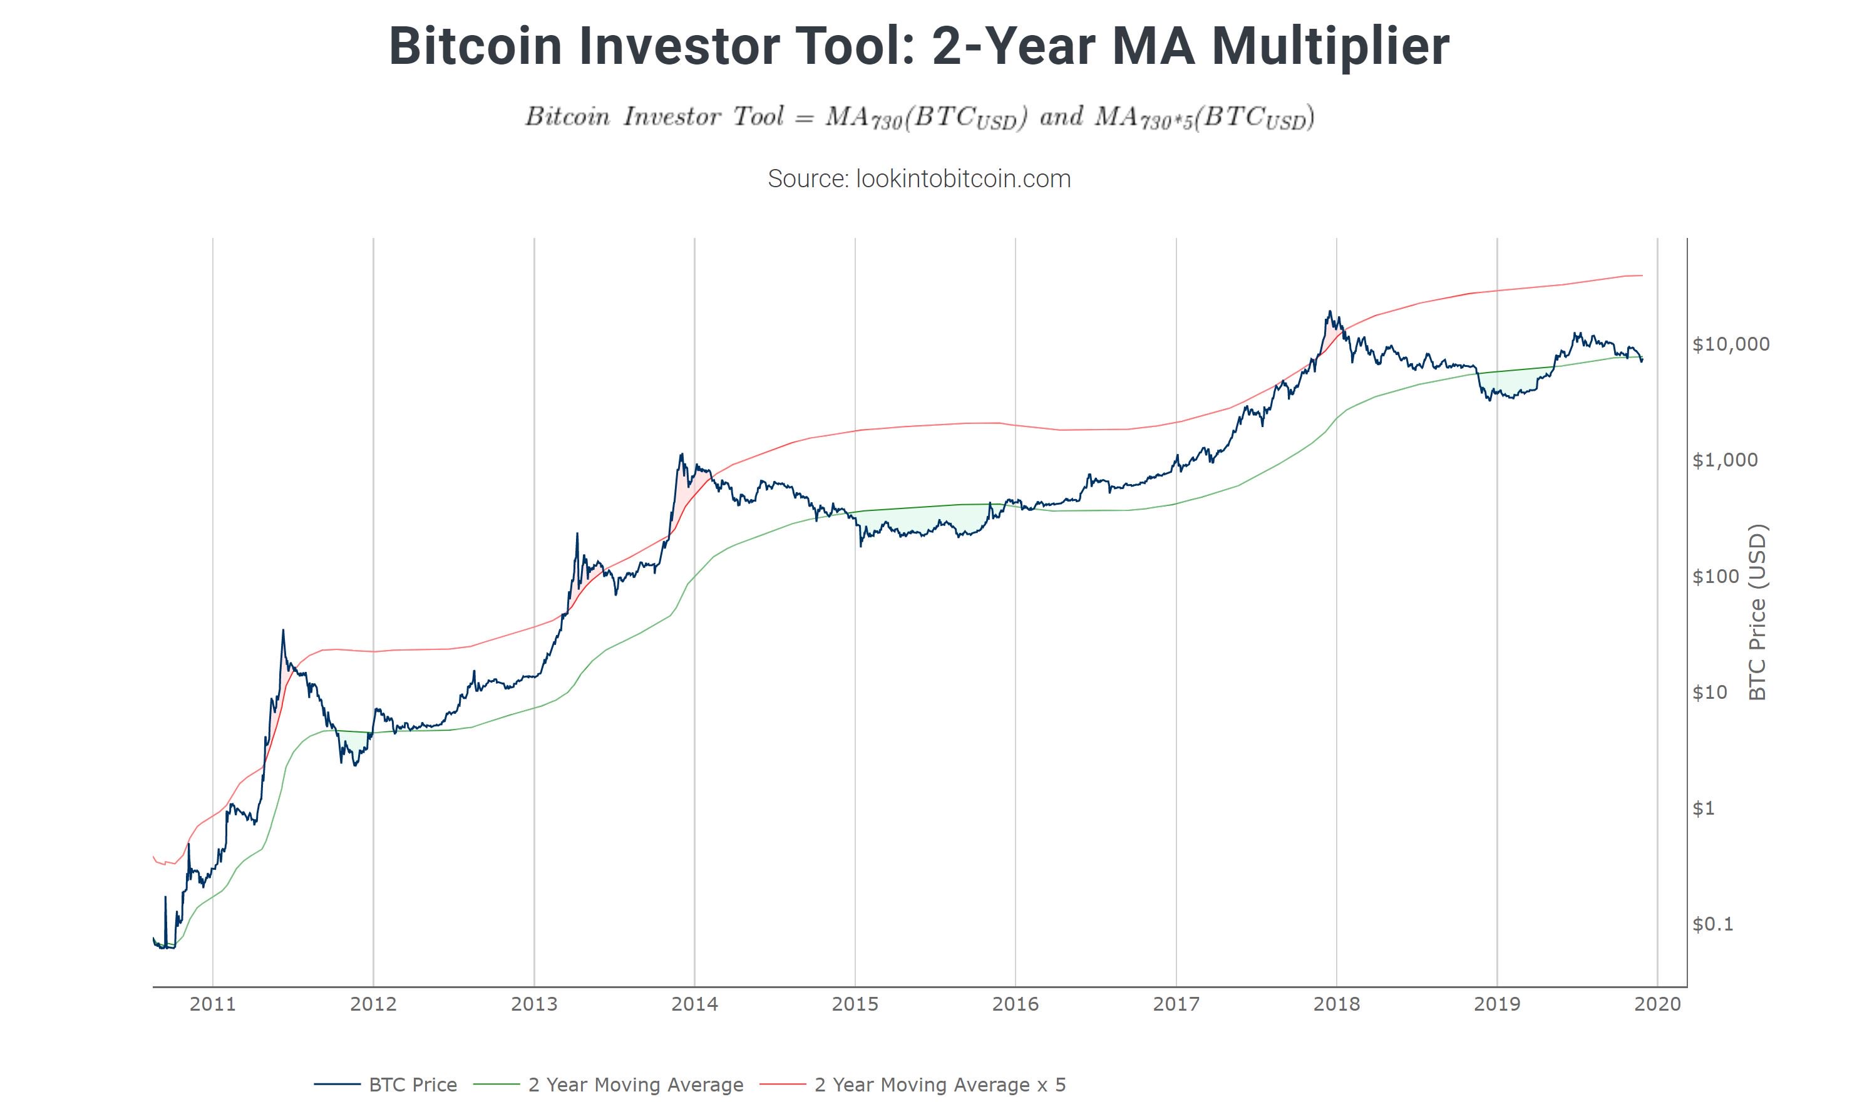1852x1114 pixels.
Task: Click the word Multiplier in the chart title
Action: [x=1330, y=46]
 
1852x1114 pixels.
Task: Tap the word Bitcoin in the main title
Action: [x=475, y=46]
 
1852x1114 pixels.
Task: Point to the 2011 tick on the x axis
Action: [x=212, y=1004]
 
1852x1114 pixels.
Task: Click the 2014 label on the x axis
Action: [x=694, y=1004]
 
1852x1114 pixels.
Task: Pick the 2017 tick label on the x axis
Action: [x=1176, y=1004]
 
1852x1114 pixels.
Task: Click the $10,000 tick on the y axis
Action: [x=1731, y=344]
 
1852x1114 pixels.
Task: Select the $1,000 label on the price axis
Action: [x=1725, y=460]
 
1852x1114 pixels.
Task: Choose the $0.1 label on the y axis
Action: [x=1713, y=924]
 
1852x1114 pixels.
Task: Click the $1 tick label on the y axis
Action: [x=1704, y=808]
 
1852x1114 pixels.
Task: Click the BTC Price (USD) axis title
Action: [x=1757, y=612]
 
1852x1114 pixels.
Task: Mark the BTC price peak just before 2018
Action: [x=1330, y=311]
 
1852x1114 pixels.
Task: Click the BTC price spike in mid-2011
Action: [x=283, y=631]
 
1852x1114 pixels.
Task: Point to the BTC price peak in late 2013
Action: [x=681, y=454]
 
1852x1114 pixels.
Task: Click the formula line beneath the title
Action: [x=919, y=118]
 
